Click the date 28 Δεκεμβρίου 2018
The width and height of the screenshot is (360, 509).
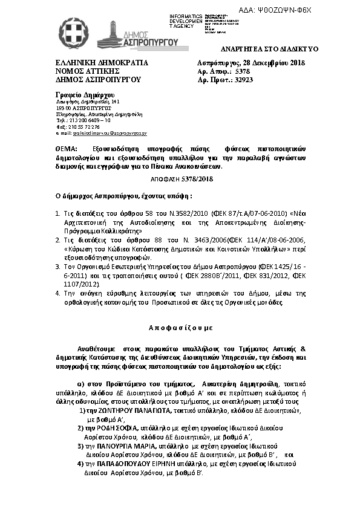(x=275, y=63)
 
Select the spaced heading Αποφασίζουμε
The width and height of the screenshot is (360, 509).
(x=180, y=325)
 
